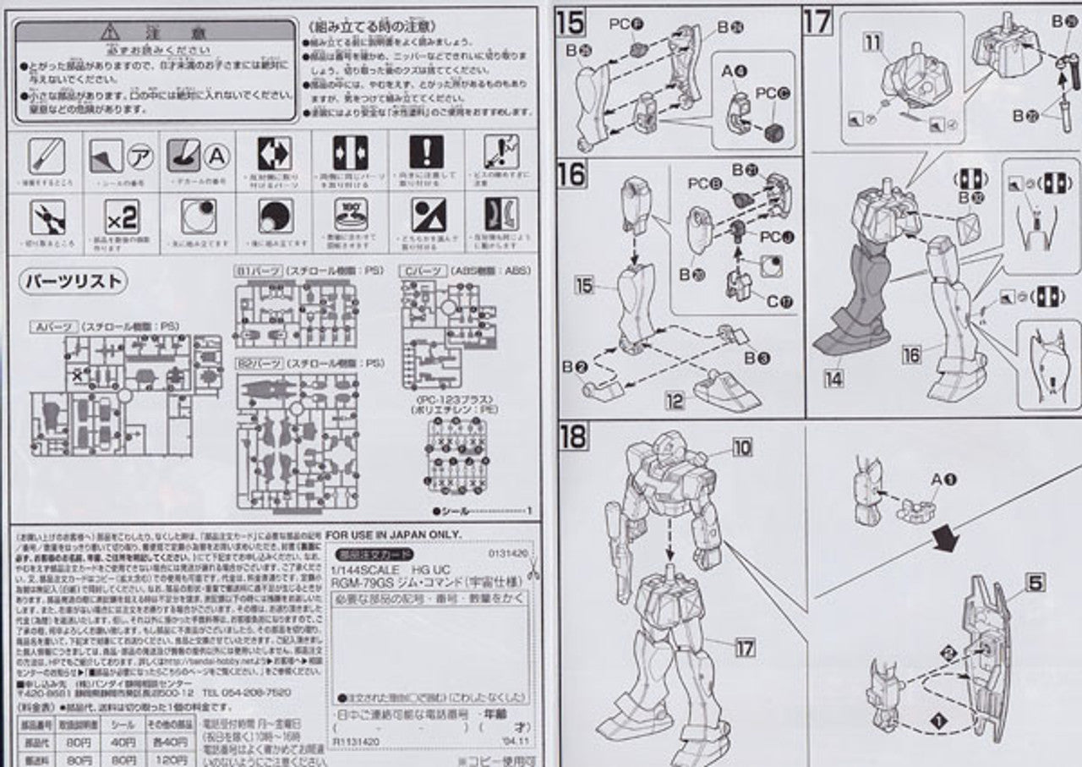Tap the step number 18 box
[x=573, y=436]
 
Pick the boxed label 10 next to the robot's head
[x=741, y=447]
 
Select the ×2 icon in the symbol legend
[x=121, y=218]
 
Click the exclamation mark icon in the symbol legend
[x=426, y=152]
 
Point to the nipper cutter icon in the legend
[x=47, y=218]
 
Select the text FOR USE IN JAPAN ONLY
[x=394, y=534]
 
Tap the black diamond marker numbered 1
[x=937, y=720]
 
